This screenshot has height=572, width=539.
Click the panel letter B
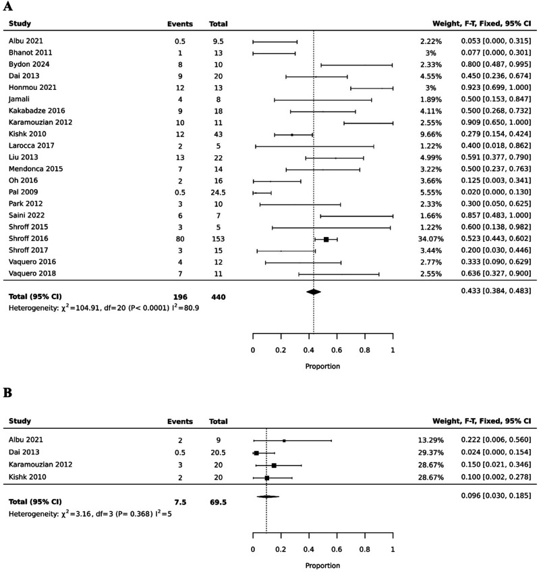(9, 392)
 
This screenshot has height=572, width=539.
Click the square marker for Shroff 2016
(327, 239)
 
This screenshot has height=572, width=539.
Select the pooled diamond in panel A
(314, 291)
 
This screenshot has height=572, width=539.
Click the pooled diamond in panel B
(267, 497)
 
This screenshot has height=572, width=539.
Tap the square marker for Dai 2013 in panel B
(256, 452)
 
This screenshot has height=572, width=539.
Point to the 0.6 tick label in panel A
(337, 350)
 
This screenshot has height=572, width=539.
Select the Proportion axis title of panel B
(322, 566)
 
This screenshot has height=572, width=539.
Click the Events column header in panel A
(180, 24)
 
